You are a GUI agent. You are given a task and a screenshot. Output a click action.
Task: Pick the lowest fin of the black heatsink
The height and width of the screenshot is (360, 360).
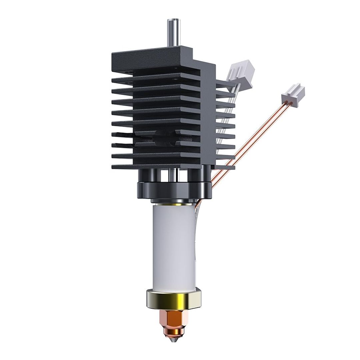tap(157, 166)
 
